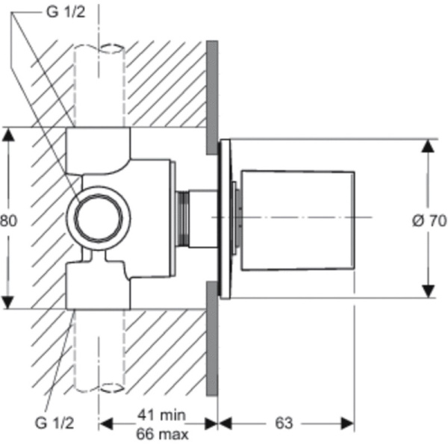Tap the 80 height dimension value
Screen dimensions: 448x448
[x=8, y=220]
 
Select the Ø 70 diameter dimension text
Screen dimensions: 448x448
[x=429, y=220]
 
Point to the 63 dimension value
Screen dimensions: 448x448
[x=283, y=423]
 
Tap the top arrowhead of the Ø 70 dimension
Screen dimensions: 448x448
[x=427, y=145]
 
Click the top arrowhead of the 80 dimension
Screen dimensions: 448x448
[x=7, y=135]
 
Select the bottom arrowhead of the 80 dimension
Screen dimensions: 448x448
[x=7, y=302]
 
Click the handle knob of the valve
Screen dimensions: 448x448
[x=297, y=219]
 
